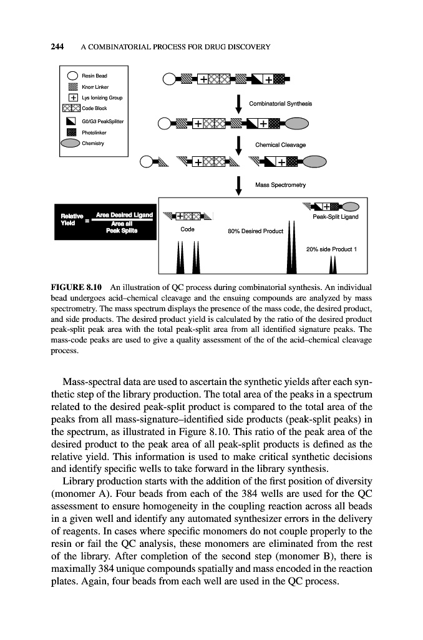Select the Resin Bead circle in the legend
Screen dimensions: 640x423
click(x=74, y=75)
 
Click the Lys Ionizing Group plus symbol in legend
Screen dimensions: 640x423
click(x=74, y=97)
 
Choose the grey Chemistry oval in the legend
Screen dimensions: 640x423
click(x=74, y=144)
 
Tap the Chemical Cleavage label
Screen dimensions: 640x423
click(x=280, y=145)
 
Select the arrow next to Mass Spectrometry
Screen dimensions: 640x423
click(x=240, y=184)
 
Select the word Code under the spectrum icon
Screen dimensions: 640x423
click(x=187, y=229)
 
